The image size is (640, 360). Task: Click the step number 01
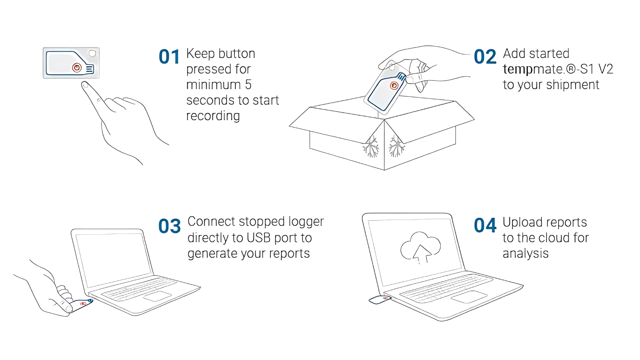[169, 57]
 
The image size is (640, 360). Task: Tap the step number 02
[485, 57]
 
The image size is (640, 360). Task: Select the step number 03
[169, 226]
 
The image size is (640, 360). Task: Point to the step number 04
[485, 225]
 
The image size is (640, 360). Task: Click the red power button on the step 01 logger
[77, 68]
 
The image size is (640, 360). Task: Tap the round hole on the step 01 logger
[92, 53]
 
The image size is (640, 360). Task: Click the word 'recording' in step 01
[213, 116]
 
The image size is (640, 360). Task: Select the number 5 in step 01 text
[248, 85]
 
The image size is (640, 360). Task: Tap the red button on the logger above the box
[394, 86]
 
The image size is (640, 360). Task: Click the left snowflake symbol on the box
[371, 147]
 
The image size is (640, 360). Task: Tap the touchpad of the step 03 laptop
[157, 296]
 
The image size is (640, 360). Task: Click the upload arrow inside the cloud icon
[421, 254]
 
